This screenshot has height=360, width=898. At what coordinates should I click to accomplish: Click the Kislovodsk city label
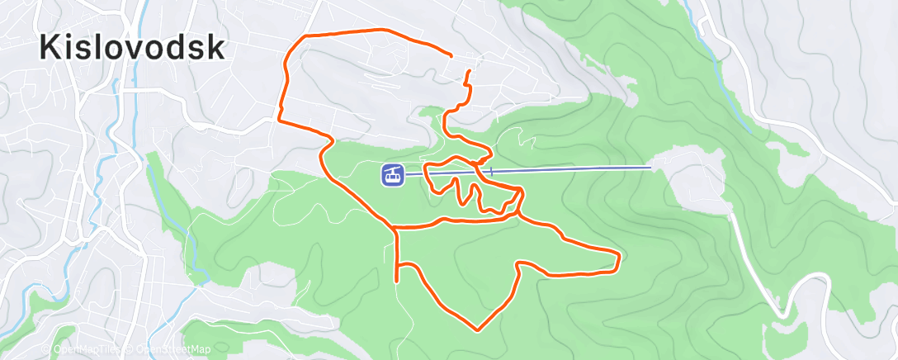coord(132,48)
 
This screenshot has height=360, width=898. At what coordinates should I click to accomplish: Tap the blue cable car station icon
coord(392,175)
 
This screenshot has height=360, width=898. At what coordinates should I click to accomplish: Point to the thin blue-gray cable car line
coord(578,169)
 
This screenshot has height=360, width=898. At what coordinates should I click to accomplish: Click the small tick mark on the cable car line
coord(491,172)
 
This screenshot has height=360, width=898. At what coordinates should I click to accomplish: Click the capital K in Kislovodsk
coord(51,48)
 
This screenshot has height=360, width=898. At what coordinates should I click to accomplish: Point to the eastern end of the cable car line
coord(651,167)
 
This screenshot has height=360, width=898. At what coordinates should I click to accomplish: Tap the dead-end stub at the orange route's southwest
coord(398,281)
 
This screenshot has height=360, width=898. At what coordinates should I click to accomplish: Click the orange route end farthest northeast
coord(451,54)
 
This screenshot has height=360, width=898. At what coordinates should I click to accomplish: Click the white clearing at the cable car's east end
coord(693,178)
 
